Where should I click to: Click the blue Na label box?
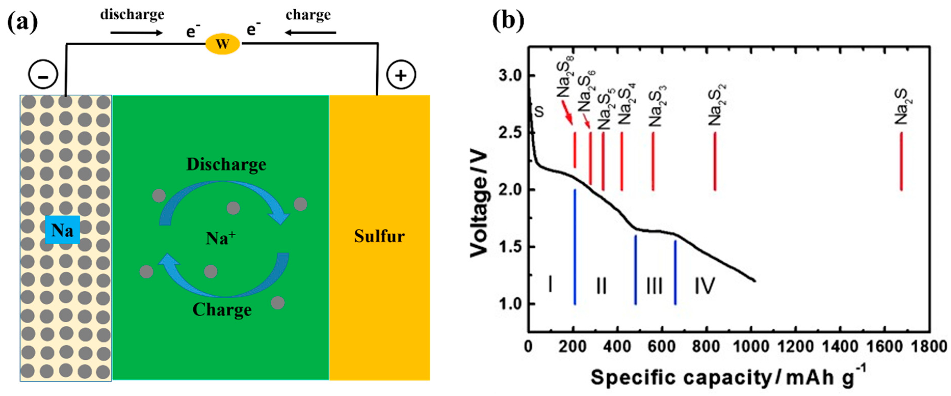click(62, 230)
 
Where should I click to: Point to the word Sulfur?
click(379, 236)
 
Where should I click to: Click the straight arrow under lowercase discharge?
click(136, 33)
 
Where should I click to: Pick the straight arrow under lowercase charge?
click(310, 33)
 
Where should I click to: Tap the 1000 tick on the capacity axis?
click(751, 347)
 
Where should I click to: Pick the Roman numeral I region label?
click(550, 284)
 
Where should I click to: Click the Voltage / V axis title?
click(479, 203)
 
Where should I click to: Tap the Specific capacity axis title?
click(727, 377)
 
